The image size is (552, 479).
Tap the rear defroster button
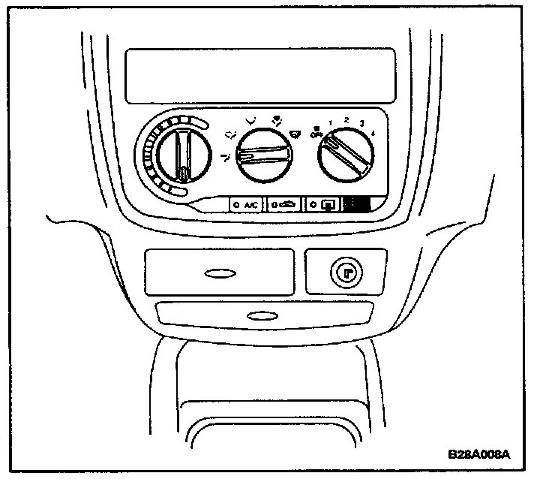pyautogui.click(x=324, y=204)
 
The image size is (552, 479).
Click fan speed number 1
pyautogui.click(x=330, y=123)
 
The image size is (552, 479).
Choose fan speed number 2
pyautogui.click(x=346, y=120)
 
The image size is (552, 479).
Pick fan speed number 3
pyautogui.click(x=361, y=123)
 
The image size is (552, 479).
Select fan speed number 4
pyautogui.click(x=373, y=133)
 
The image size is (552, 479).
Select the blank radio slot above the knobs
pyautogui.click(x=259, y=76)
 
